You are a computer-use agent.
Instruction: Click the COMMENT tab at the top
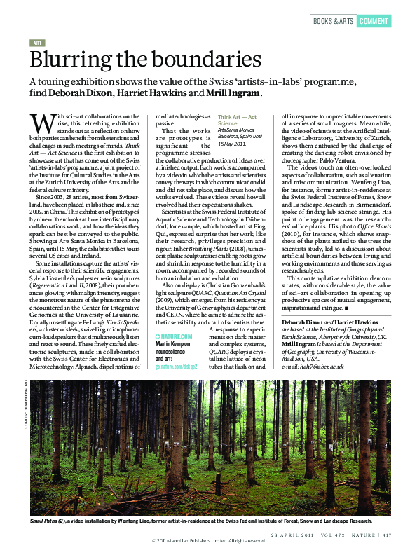click(x=374, y=21)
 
